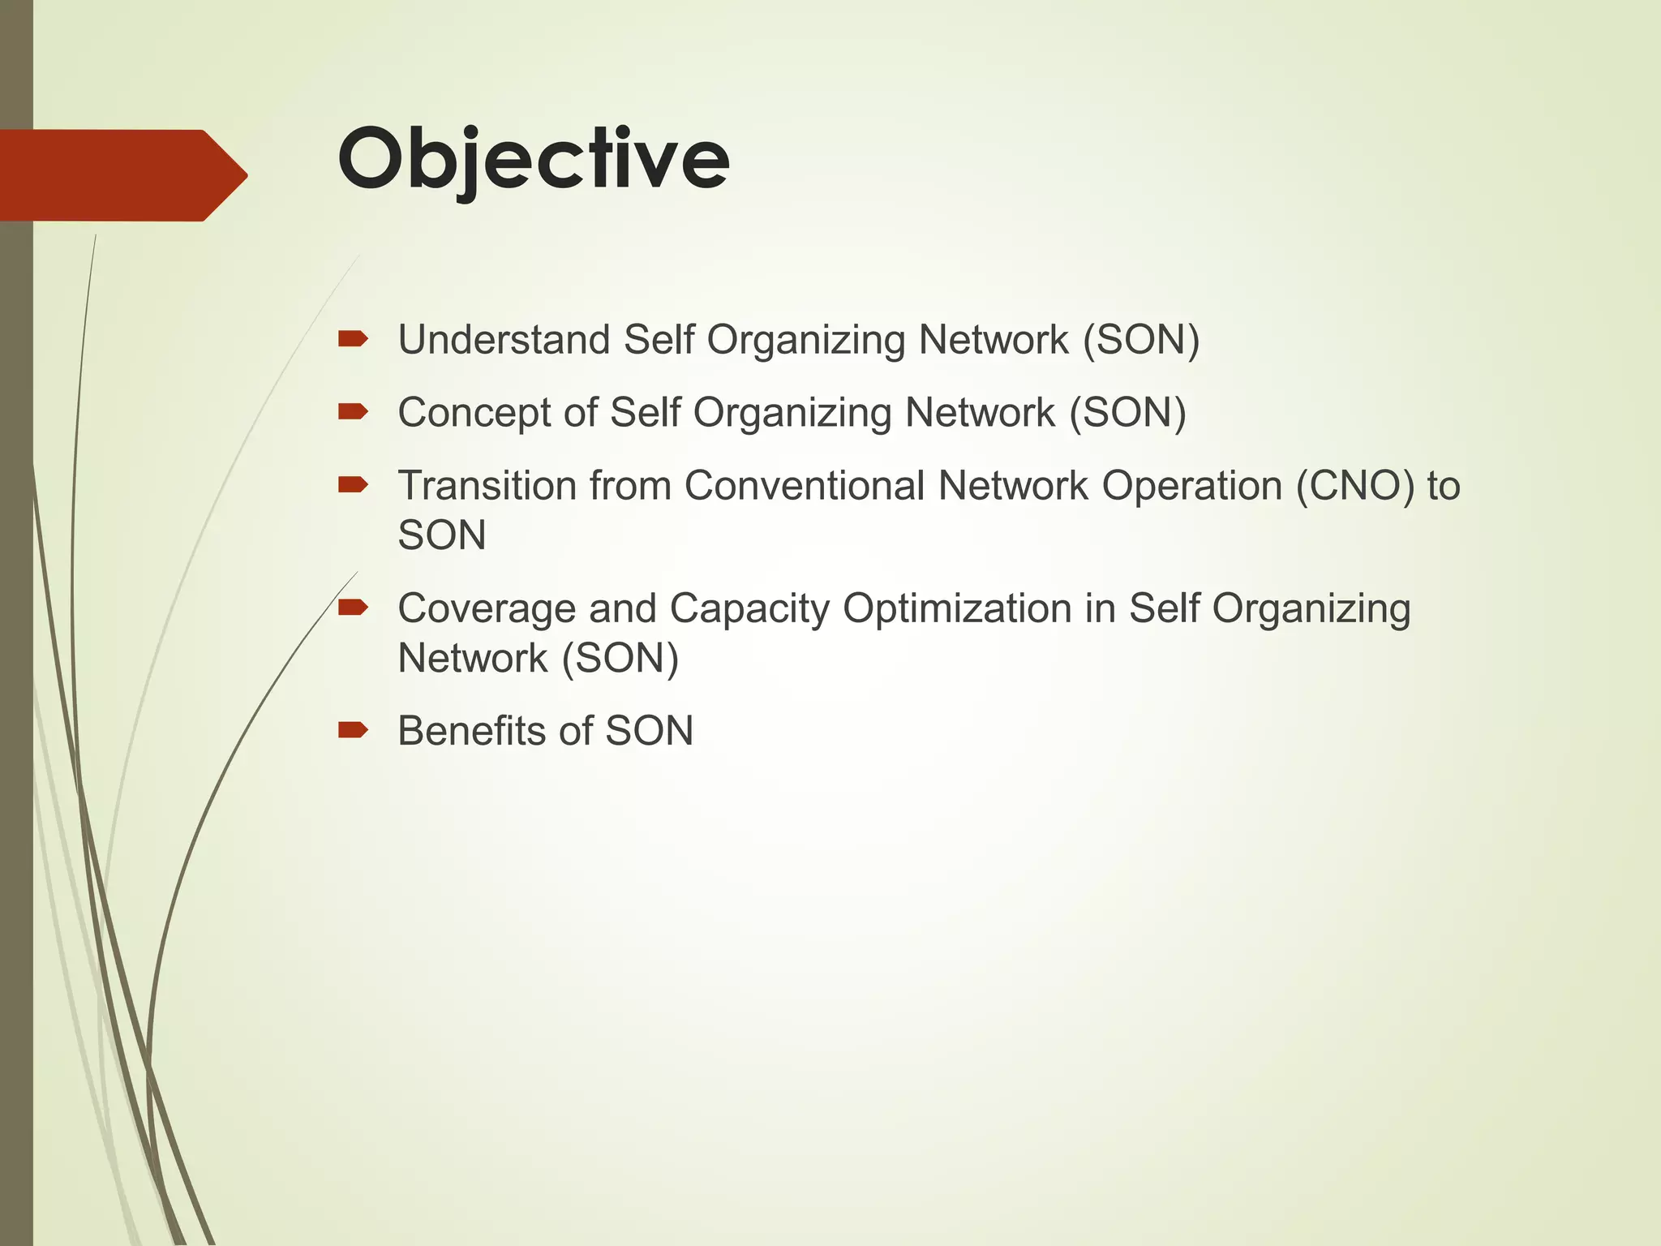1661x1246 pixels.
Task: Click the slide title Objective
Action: click(x=534, y=159)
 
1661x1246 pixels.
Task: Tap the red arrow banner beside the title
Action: click(x=122, y=175)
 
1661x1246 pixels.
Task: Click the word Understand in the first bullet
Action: click(x=504, y=339)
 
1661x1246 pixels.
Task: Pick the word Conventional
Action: click(x=805, y=486)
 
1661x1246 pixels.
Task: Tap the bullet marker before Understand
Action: click(x=354, y=338)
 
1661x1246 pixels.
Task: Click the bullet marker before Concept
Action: click(x=354, y=411)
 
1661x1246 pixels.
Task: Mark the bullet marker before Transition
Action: click(x=354, y=485)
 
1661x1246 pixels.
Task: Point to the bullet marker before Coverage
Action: click(x=354, y=607)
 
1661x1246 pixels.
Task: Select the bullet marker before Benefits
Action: click(x=354, y=730)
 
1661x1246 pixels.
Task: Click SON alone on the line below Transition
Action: click(x=442, y=535)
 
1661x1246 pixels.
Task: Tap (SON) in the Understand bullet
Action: click(x=1141, y=339)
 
